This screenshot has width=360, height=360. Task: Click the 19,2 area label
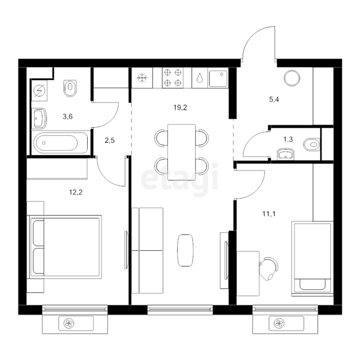(x=180, y=107)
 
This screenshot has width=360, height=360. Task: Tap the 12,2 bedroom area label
(x=76, y=192)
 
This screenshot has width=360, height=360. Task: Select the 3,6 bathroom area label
(x=67, y=116)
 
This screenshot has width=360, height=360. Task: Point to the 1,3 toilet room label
(x=288, y=139)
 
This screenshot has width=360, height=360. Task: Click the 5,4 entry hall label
(x=274, y=100)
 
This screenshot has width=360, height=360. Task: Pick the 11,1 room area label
(x=269, y=214)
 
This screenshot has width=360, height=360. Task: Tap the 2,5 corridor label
(x=110, y=140)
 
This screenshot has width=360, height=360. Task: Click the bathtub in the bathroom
(x=60, y=142)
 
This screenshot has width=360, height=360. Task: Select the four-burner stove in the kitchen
(x=173, y=78)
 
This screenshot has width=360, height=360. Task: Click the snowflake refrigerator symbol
(x=142, y=78)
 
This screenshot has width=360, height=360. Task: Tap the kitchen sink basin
(x=218, y=78)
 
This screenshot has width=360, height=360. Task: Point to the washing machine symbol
(x=39, y=91)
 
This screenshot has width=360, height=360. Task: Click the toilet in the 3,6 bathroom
(x=70, y=88)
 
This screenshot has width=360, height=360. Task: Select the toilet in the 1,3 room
(x=312, y=145)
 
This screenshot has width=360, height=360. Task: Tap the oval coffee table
(x=185, y=250)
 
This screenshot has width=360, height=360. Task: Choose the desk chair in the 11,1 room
(x=269, y=268)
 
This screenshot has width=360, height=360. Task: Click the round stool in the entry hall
(x=292, y=78)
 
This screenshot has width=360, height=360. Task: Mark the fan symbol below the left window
(x=69, y=323)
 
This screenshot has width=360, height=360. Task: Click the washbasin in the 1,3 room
(x=285, y=154)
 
